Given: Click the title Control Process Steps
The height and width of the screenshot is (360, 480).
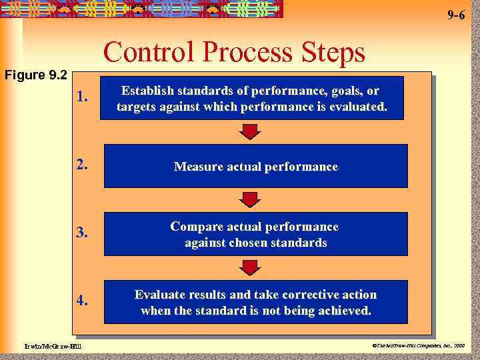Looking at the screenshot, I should coord(235,53).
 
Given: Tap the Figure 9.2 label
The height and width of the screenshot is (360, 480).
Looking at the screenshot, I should coord(35,75).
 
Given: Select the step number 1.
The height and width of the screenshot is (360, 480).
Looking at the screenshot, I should coord(83,98).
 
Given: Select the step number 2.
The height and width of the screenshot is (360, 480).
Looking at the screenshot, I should coord(83,165).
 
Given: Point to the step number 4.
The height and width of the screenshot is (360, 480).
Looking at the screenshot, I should coord(83,301).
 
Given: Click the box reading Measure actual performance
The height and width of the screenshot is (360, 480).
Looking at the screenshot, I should coord(255,167).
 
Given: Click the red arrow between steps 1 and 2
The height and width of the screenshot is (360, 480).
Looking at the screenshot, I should coord(249,132).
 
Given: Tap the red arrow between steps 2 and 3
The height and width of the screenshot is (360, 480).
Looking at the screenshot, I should coord(249,199).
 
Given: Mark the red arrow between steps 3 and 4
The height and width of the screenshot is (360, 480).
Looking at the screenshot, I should coord(249,268).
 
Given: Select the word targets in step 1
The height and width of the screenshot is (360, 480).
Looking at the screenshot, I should coord(137,107).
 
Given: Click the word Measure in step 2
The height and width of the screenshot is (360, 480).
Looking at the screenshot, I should coord(197,167).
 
